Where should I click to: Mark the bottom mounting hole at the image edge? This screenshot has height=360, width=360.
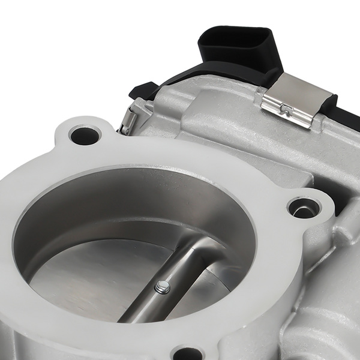189,354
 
